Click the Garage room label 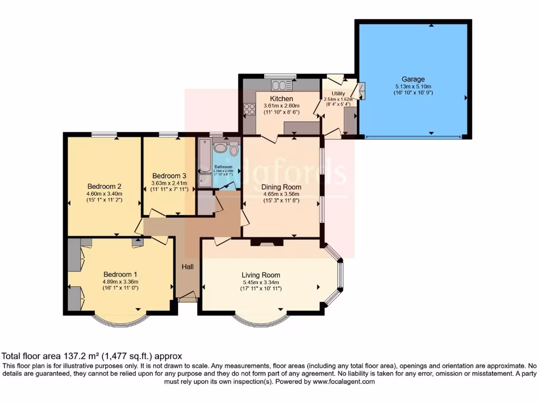414,79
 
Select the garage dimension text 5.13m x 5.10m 414,86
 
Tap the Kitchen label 282,98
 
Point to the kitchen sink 282,85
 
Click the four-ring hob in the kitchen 249,109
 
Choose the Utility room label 338,93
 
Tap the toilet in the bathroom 234,148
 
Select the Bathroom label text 223,167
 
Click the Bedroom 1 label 120,274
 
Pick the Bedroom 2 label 104,186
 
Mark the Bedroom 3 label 169,175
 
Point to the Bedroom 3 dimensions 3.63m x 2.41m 169,183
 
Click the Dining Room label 281,187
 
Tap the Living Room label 261,275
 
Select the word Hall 187,267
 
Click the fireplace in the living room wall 266,243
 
